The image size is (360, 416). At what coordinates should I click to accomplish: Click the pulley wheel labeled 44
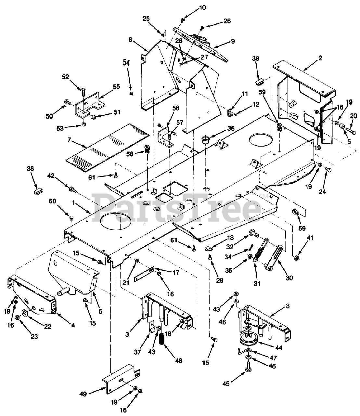[x=248, y=340]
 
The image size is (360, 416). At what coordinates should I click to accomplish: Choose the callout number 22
[x=47, y=327]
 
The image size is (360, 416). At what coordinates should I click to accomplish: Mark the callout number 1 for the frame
[x=74, y=202]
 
